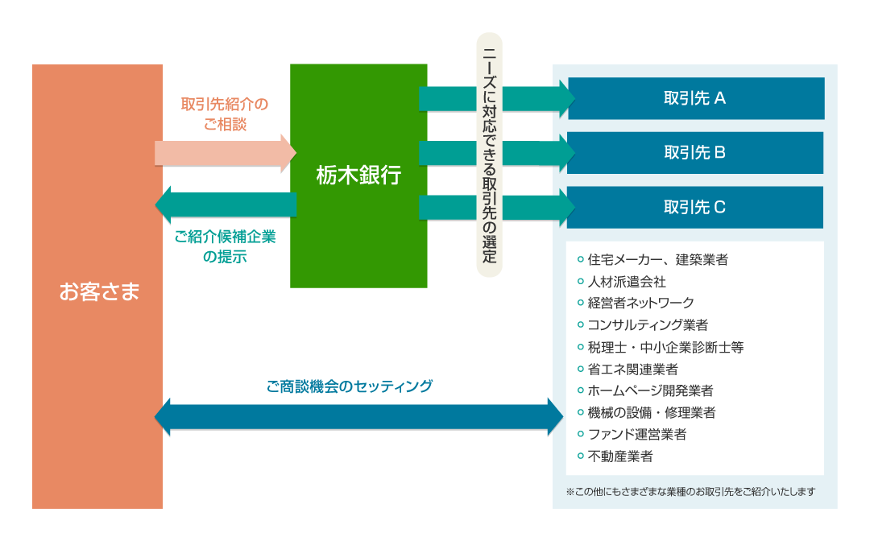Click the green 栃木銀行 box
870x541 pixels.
tap(358, 176)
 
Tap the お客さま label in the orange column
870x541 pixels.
tap(99, 291)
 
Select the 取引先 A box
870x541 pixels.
tap(696, 99)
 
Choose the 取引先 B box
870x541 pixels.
tap(694, 152)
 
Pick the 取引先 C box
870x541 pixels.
tap(694, 208)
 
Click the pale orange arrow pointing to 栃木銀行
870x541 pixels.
tap(226, 153)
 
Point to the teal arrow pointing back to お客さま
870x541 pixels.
tap(226, 204)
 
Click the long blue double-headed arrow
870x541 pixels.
tap(359, 417)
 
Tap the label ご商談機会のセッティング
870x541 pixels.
tap(350, 386)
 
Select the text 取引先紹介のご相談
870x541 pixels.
tap(225, 114)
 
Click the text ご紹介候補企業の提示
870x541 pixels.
tap(225, 246)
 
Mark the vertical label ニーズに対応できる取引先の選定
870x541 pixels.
tap(490, 155)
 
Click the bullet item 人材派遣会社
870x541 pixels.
tap(627, 282)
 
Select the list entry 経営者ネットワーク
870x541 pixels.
tap(641, 304)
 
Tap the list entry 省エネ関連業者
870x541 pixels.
tap(632, 370)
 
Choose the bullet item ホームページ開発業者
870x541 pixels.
tap(650, 390)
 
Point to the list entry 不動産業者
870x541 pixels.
tap(619, 456)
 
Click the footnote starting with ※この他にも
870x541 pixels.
tap(691, 492)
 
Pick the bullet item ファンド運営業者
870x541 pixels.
tap(637, 435)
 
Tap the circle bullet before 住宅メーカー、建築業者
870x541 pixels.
tap(580, 259)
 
